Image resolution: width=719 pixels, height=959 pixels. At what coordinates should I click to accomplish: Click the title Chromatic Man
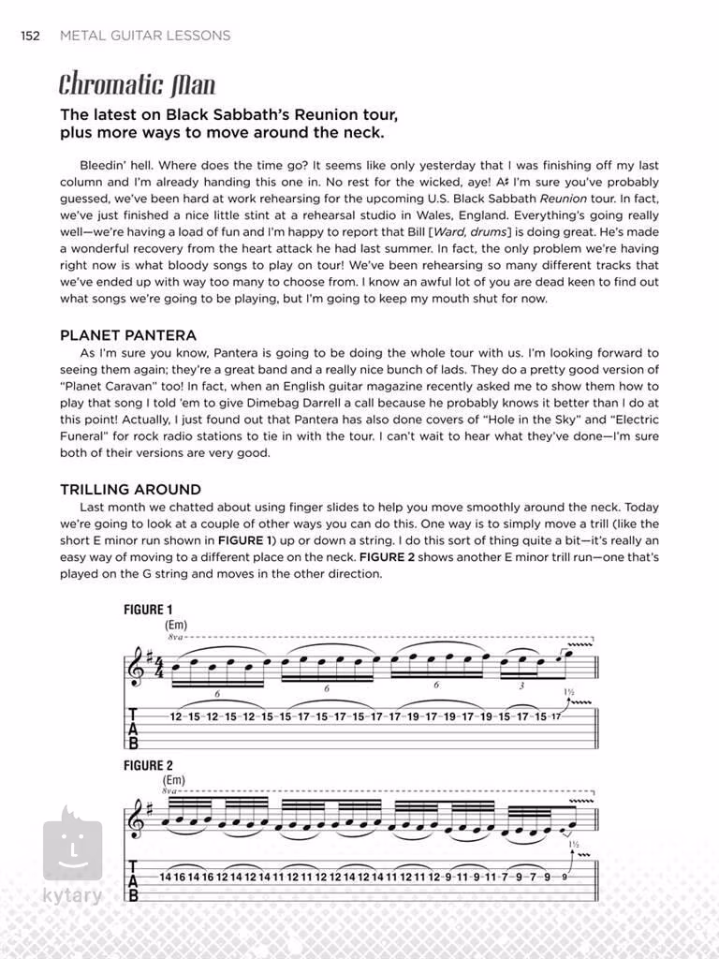[x=137, y=85]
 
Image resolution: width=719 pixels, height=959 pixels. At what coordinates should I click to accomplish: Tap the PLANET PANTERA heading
[x=128, y=334]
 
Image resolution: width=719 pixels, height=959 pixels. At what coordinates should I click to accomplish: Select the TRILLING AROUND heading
[x=130, y=489]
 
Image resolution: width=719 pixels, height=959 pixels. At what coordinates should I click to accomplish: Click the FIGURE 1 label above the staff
[x=149, y=609]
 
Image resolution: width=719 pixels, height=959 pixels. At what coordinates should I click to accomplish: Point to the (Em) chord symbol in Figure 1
[x=176, y=624]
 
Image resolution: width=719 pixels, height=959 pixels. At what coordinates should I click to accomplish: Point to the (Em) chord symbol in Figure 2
[x=174, y=780]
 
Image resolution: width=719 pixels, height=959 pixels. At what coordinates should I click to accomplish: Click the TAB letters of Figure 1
[x=133, y=728]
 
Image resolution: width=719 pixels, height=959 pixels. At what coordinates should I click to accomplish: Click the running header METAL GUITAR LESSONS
[x=144, y=36]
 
